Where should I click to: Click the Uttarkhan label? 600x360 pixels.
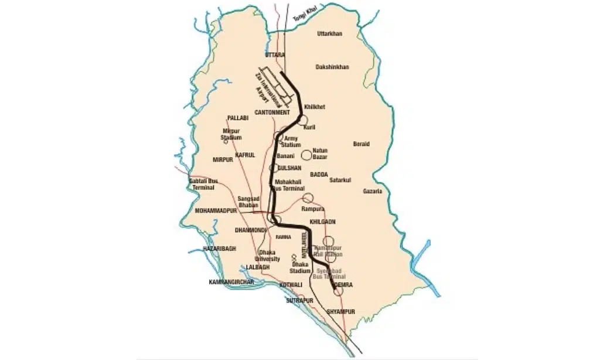329,33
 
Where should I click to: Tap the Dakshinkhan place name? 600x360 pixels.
332,67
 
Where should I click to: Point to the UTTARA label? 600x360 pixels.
274,55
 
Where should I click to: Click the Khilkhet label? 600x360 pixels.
315,107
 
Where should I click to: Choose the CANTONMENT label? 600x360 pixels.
272,112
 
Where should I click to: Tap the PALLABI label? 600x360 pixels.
238,118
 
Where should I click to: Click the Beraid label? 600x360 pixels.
362,144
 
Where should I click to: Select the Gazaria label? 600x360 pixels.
372,191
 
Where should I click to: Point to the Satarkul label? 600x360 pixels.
339,179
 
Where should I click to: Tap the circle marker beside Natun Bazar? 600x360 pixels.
306,155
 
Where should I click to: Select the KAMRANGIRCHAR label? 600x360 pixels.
233,282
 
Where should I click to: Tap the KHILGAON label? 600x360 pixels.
322,222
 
